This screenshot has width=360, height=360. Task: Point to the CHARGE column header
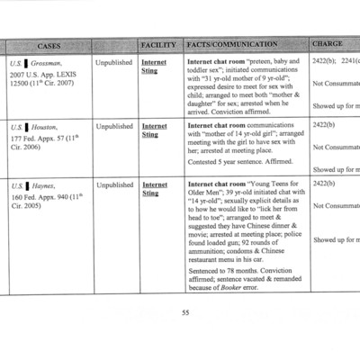(328, 44)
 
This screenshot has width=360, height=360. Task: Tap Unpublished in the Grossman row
(113, 63)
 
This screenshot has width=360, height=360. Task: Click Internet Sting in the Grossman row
(154, 67)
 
